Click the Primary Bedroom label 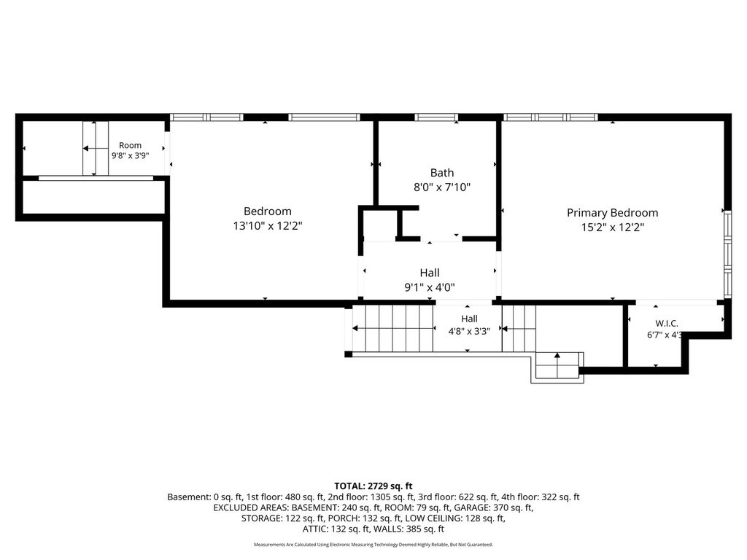pyautogui.click(x=612, y=213)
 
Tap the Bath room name pyautogui.click(x=442, y=172)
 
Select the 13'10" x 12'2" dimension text pyautogui.click(x=268, y=226)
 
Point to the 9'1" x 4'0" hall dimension pyautogui.click(x=430, y=287)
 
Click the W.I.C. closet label pyautogui.click(x=667, y=324)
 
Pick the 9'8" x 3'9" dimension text pyautogui.click(x=130, y=155)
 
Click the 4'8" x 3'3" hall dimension pyautogui.click(x=469, y=332)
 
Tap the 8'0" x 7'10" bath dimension pyautogui.click(x=442, y=187)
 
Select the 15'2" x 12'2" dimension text pyautogui.click(x=613, y=227)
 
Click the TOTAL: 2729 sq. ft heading pyautogui.click(x=373, y=486)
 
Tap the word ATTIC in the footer pyautogui.click(x=315, y=529)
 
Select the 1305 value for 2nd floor pyautogui.click(x=377, y=497)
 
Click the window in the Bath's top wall pyautogui.click(x=436, y=117)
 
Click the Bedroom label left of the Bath pyautogui.click(x=268, y=211)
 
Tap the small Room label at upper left pyautogui.click(x=130, y=145)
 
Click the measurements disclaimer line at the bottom pyautogui.click(x=373, y=544)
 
